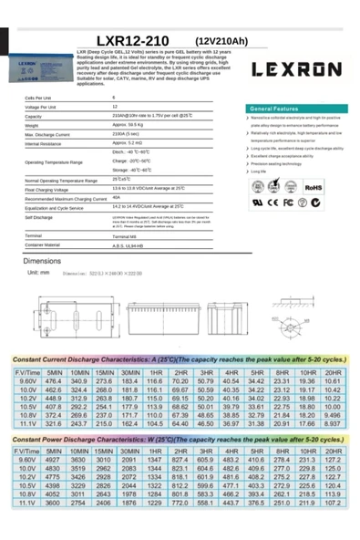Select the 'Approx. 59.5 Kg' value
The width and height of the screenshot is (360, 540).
tap(128, 126)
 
